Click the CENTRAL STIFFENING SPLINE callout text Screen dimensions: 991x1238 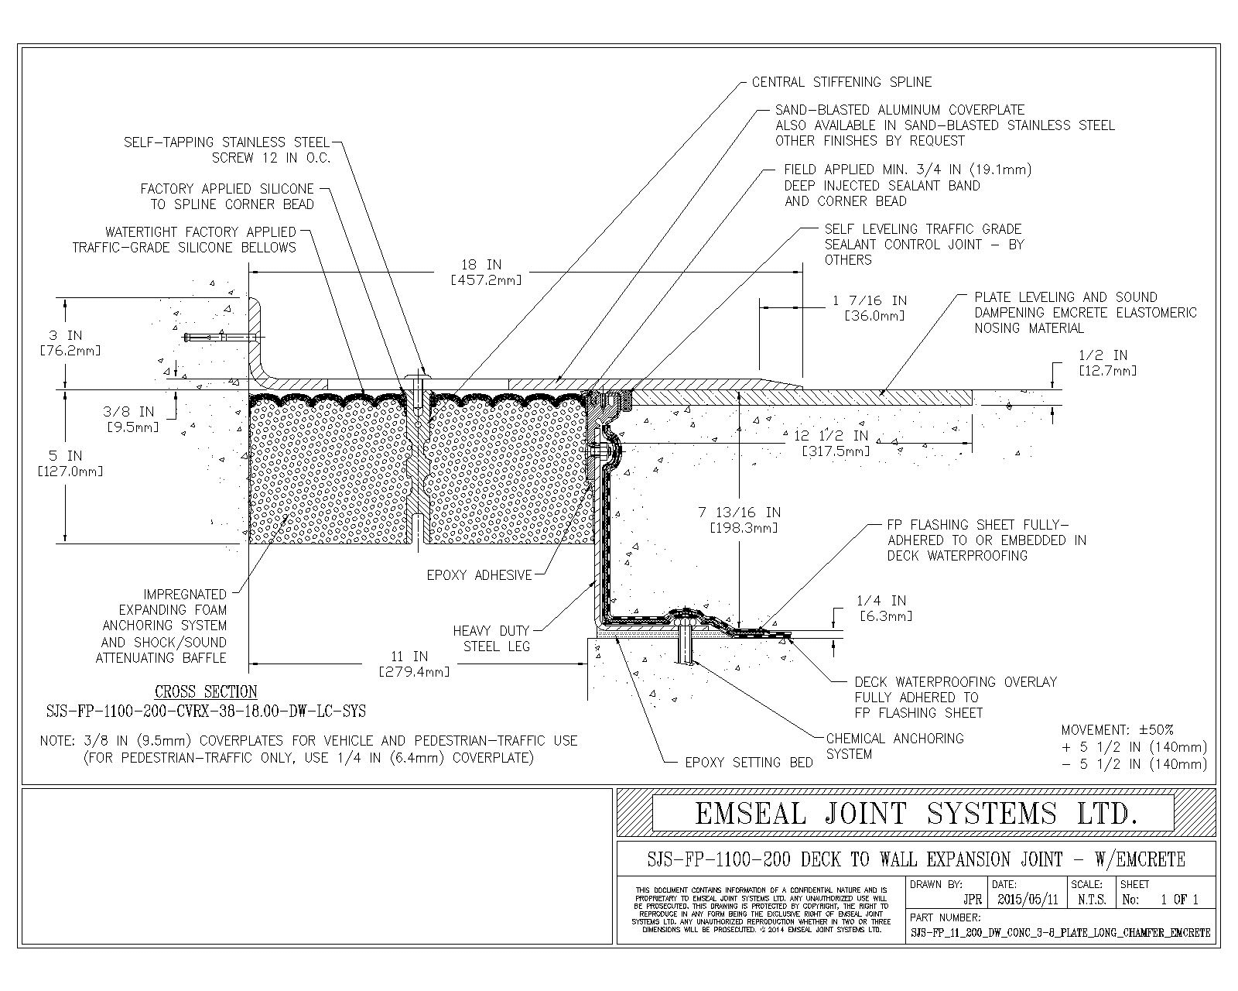click(841, 82)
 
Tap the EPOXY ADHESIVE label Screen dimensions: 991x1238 click(480, 575)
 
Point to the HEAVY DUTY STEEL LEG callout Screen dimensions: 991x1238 click(491, 639)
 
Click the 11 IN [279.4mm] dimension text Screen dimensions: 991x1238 click(414, 664)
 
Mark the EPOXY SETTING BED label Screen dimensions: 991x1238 click(749, 763)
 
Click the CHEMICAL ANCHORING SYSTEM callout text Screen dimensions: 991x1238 click(894, 746)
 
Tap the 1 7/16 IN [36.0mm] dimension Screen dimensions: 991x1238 click(869, 308)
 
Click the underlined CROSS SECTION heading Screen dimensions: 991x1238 click(206, 692)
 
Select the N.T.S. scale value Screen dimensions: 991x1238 click(1091, 900)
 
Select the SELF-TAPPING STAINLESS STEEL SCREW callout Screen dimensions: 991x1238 click(227, 150)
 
